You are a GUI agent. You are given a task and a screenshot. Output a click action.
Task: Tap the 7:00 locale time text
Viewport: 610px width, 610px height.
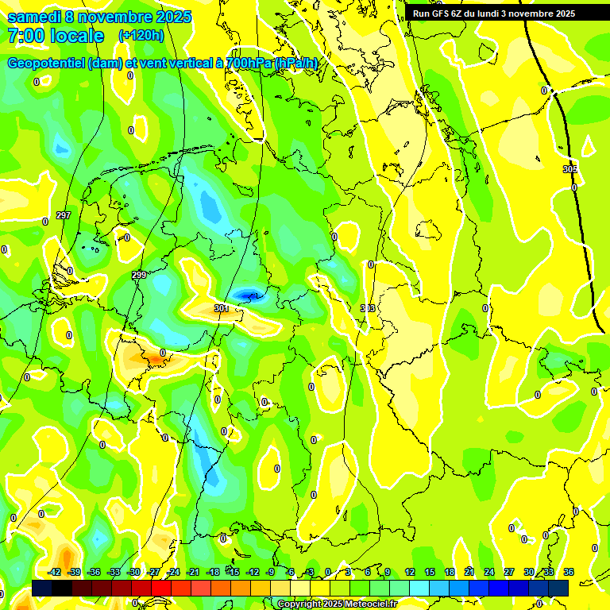pyautogui.click(x=56, y=36)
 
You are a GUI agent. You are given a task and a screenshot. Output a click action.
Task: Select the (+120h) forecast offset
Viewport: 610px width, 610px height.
pyautogui.click(x=141, y=36)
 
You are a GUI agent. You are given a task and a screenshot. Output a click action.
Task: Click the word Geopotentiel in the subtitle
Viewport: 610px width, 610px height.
pyautogui.click(x=47, y=63)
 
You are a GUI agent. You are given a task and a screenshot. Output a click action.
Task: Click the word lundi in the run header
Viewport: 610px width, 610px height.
pyautogui.click(x=485, y=14)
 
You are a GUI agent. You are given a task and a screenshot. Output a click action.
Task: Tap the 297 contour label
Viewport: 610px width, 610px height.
pyautogui.click(x=64, y=216)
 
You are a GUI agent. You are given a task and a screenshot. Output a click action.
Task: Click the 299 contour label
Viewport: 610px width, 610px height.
pyautogui.click(x=139, y=275)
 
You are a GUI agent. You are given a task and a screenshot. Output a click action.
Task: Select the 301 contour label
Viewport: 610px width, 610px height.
pyautogui.click(x=221, y=308)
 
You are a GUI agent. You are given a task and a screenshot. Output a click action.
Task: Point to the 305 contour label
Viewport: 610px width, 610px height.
pyautogui.click(x=569, y=169)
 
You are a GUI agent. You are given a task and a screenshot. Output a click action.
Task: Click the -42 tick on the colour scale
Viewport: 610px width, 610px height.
pyautogui.click(x=55, y=572)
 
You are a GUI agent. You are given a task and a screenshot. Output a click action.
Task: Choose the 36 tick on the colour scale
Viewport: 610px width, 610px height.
pyautogui.click(x=568, y=572)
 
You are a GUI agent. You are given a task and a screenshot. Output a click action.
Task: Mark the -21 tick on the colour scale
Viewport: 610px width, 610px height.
pyautogui.click(x=193, y=572)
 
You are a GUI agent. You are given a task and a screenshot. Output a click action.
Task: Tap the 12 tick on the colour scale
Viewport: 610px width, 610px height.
pyautogui.click(x=409, y=572)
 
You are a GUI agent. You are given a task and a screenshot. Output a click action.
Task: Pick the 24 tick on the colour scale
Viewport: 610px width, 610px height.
pyautogui.click(x=488, y=572)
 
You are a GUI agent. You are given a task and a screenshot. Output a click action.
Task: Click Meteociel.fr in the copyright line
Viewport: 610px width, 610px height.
pyautogui.click(x=366, y=604)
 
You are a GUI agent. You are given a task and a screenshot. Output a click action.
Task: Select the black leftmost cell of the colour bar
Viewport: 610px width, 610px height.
pyautogui.click(x=42, y=588)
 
